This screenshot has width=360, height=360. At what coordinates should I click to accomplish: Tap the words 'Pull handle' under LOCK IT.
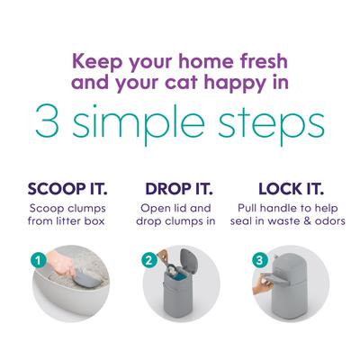267,209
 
